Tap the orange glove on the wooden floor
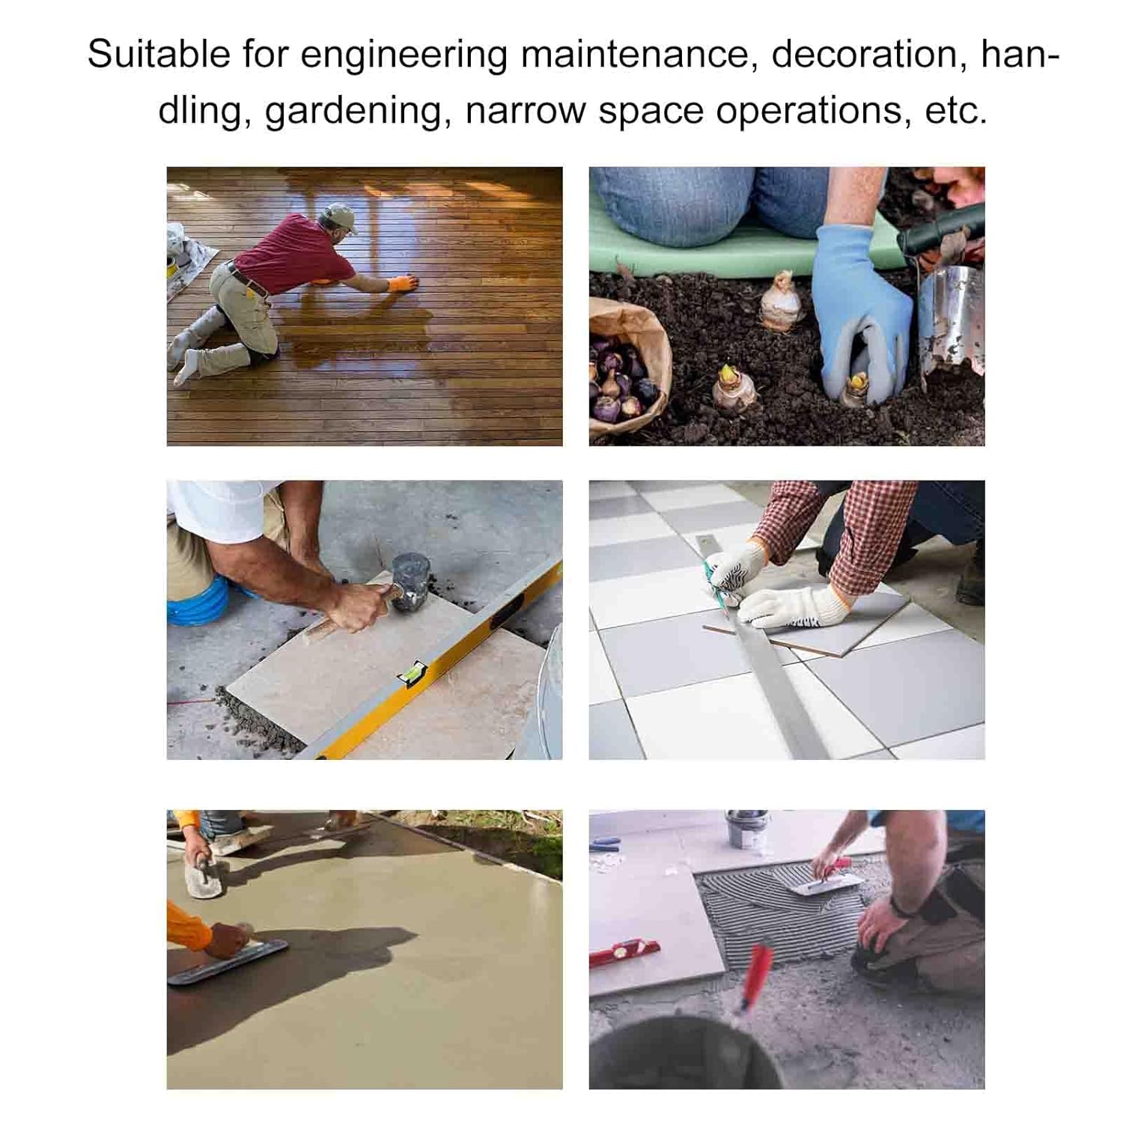pyautogui.click(x=403, y=284)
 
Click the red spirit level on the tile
pyautogui.click(x=624, y=953)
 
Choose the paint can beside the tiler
pyautogui.click(x=746, y=829)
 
